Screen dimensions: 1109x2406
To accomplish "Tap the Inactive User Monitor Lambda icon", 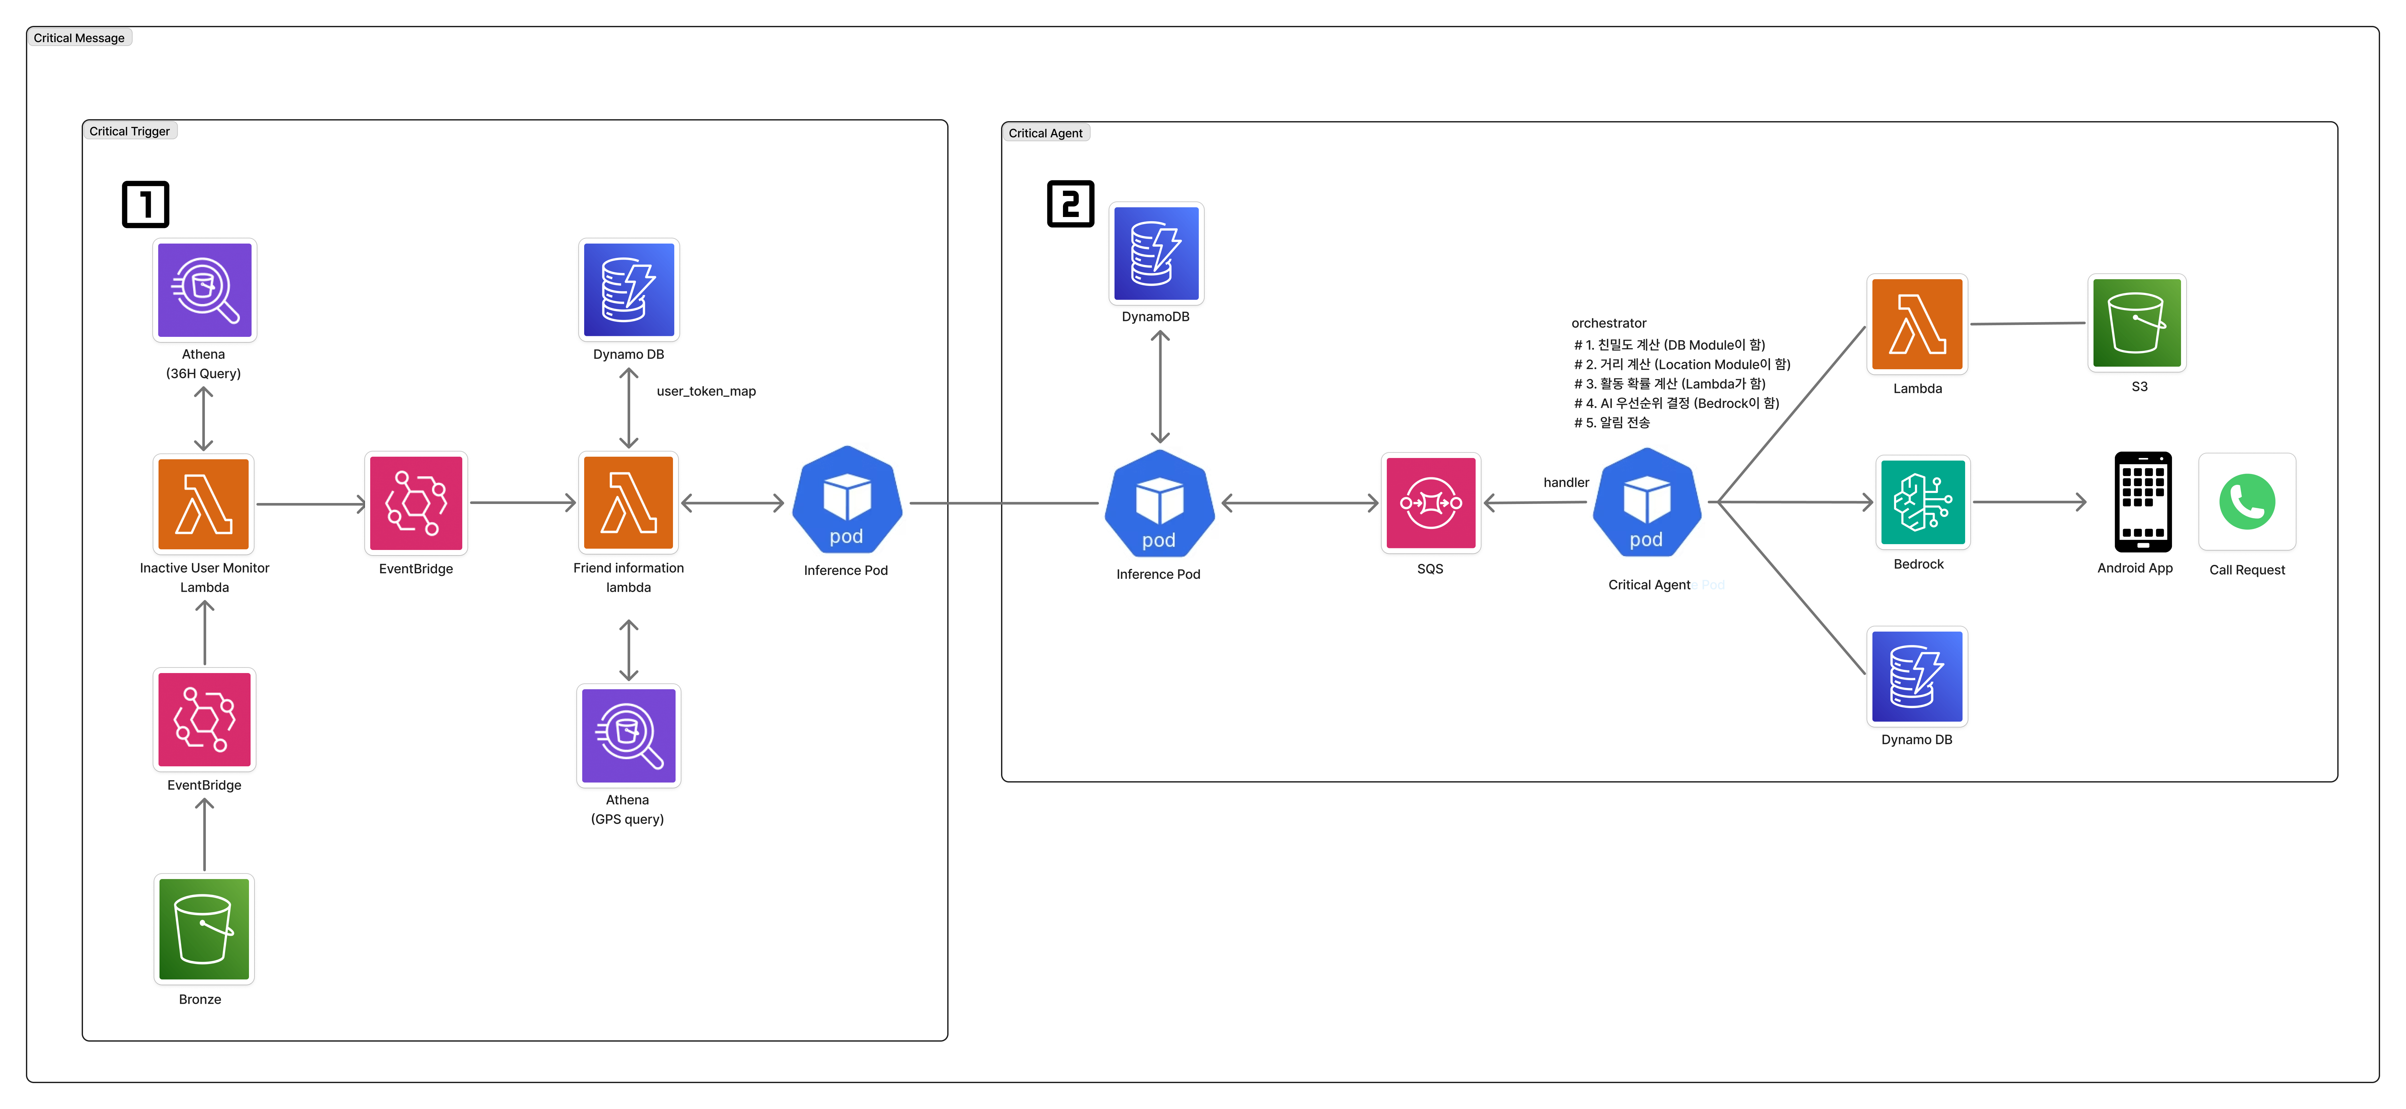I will pos(204,503).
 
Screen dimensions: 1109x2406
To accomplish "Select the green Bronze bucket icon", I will pos(204,929).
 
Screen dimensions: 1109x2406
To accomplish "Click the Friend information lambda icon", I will pos(629,503).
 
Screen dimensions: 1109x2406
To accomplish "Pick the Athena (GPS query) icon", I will pos(629,736).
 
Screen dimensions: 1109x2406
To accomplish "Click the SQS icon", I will pos(1430,503).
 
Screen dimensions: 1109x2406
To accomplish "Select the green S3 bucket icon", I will pos(2137,323).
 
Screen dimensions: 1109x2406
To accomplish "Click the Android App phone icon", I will pos(2142,502).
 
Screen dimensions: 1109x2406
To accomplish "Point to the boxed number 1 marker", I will pos(146,204).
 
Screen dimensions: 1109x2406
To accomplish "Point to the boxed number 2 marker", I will pos(1070,203).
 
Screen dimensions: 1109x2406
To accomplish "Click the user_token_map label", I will pos(706,391).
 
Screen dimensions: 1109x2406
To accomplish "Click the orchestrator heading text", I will pos(1608,323).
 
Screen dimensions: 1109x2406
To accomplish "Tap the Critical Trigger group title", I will pos(130,131).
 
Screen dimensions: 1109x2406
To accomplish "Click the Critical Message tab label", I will pos(79,38).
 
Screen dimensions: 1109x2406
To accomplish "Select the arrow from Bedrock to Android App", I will pos(2029,502).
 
